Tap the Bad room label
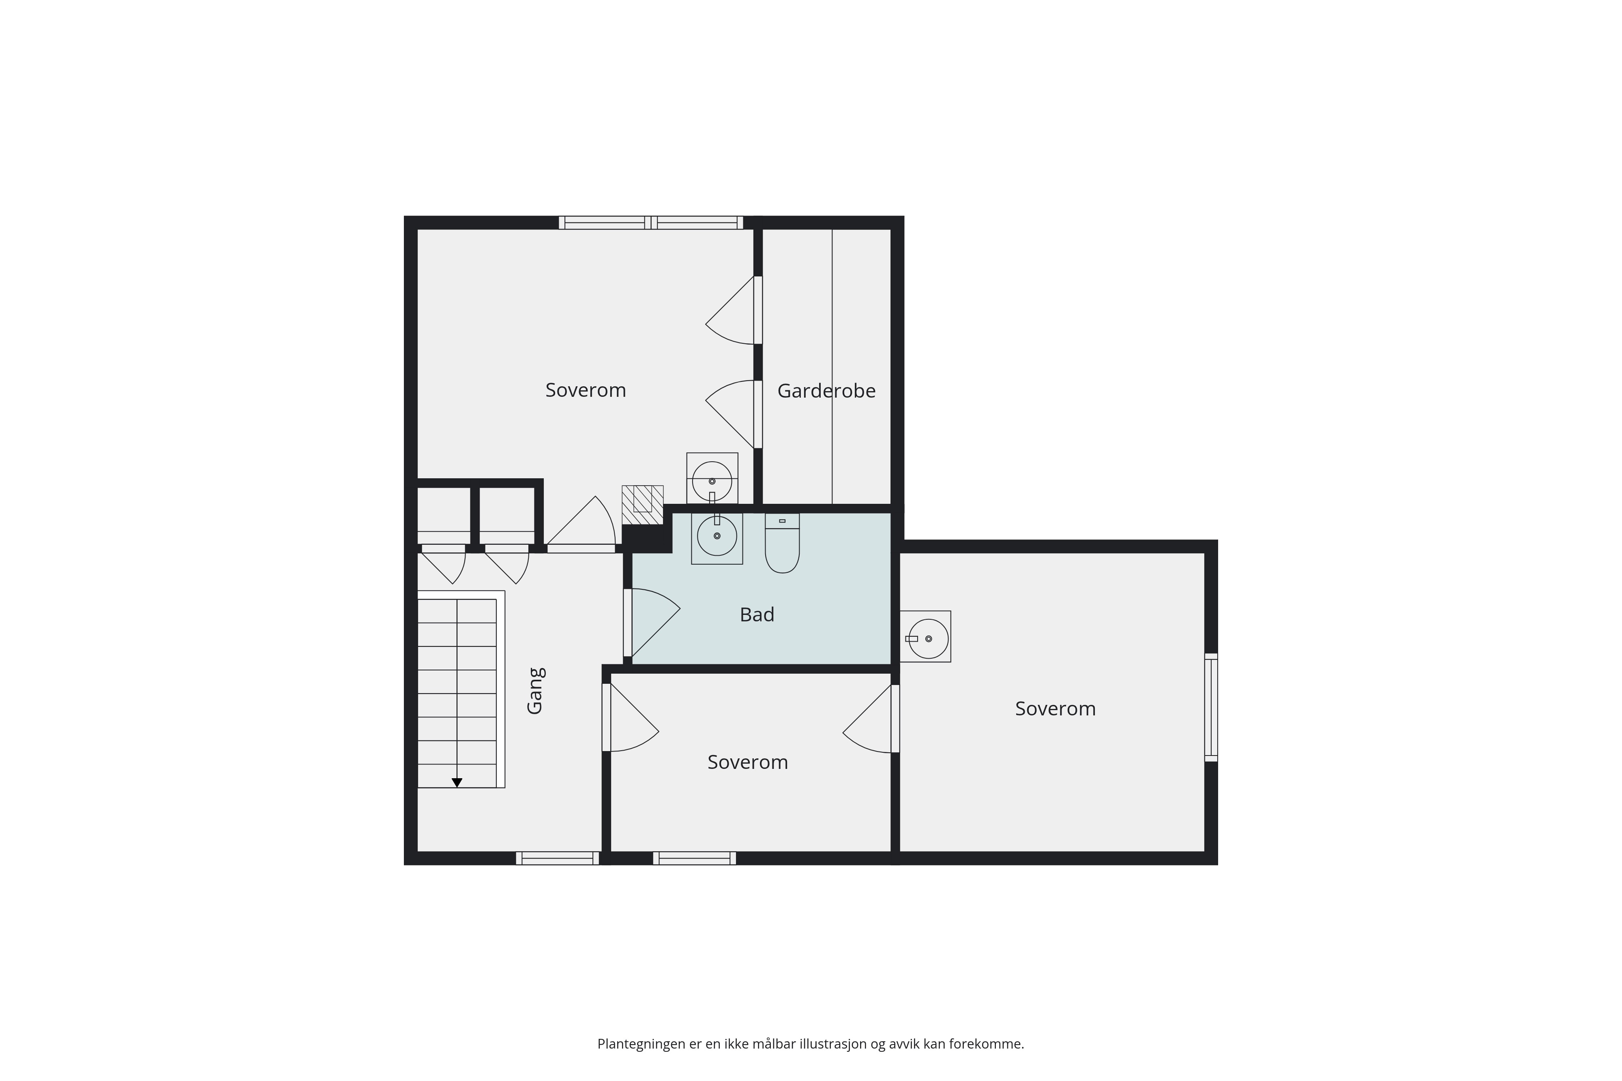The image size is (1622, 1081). tap(757, 614)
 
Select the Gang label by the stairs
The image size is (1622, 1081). tap(536, 691)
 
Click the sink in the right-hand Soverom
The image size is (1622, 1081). tap(925, 636)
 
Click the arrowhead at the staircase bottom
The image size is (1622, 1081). tap(457, 783)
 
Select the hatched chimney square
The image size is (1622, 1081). tap(643, 505)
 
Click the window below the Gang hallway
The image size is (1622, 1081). tap(557, 858)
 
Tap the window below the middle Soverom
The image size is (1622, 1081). tap(695, 858)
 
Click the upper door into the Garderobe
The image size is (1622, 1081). tap(734, 310)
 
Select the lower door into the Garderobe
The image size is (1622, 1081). tap(734, 414)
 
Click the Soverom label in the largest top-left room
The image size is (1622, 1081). tap(586, 390)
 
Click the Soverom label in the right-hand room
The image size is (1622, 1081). tap(1055, 709)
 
